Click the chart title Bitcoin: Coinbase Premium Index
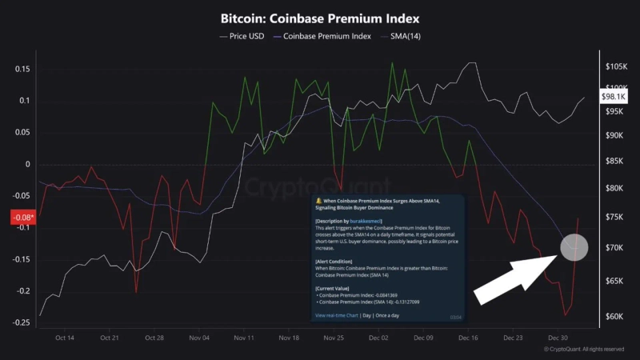pos(320,17)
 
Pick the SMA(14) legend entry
pos(405,37)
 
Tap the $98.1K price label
pos(614,96)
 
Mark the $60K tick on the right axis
pos(615,316)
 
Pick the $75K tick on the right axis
pos(615,217)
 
